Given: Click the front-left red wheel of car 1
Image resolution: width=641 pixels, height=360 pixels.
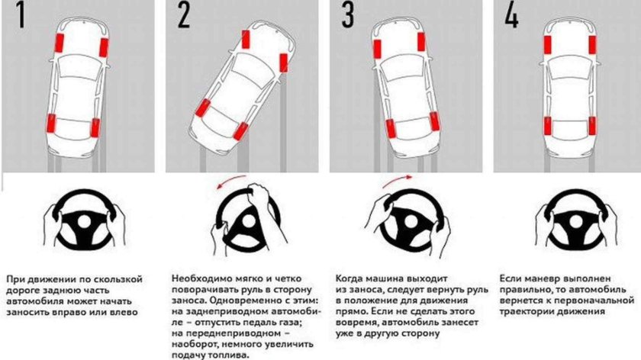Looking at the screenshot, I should click(58, 46).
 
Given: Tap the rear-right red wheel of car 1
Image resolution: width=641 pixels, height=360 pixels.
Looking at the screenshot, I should click(95, 128).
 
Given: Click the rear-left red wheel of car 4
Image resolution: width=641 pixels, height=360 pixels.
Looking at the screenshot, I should click(547, 127).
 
